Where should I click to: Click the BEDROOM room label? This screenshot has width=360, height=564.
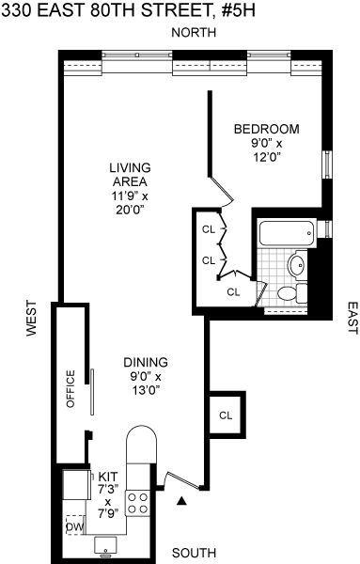pyautogui.click(x=267, y=129)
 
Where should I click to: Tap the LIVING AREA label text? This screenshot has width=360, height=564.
pyautogui.click(x=131, y=175)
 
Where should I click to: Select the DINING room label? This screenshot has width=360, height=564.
pyautogui.click(x=146, y=362)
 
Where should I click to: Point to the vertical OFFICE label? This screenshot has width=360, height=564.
pyautogui.click(x=70, y=389)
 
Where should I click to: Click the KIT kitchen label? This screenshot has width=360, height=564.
pyautogui.click(x=108, y=477)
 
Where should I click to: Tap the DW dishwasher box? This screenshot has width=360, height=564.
pyautogui.click(x=75, y=527)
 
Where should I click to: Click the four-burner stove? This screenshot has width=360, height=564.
pyautogui.click(x=138, y=504)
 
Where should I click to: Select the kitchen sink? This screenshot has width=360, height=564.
pyautogui.click(x=105, y=545)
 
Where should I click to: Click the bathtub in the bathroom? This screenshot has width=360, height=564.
pyautogui.click(x=288, y=234)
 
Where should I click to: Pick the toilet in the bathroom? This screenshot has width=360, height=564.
pyautogui.click(x=292, y=293)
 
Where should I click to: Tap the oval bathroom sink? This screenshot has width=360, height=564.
pyautogui.click(x=297, y=265)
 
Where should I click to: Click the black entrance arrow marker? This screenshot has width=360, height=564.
pyautogui.click(x=181, y=501)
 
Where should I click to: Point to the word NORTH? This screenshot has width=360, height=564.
pyautogui.click(x=194, y=33)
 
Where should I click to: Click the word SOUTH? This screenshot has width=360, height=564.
pyautogui.click(x=195, y=553)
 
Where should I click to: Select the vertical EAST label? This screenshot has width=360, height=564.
pyautogui.click(x=352, y=318)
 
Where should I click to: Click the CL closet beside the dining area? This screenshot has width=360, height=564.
pyautogui.click(x=226, y=415)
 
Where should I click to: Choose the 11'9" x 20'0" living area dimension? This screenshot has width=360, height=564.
pyautogui.click(x=131, y=203)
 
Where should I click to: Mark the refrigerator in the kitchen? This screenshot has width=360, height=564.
pyautogui.click(x=76, y=484)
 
